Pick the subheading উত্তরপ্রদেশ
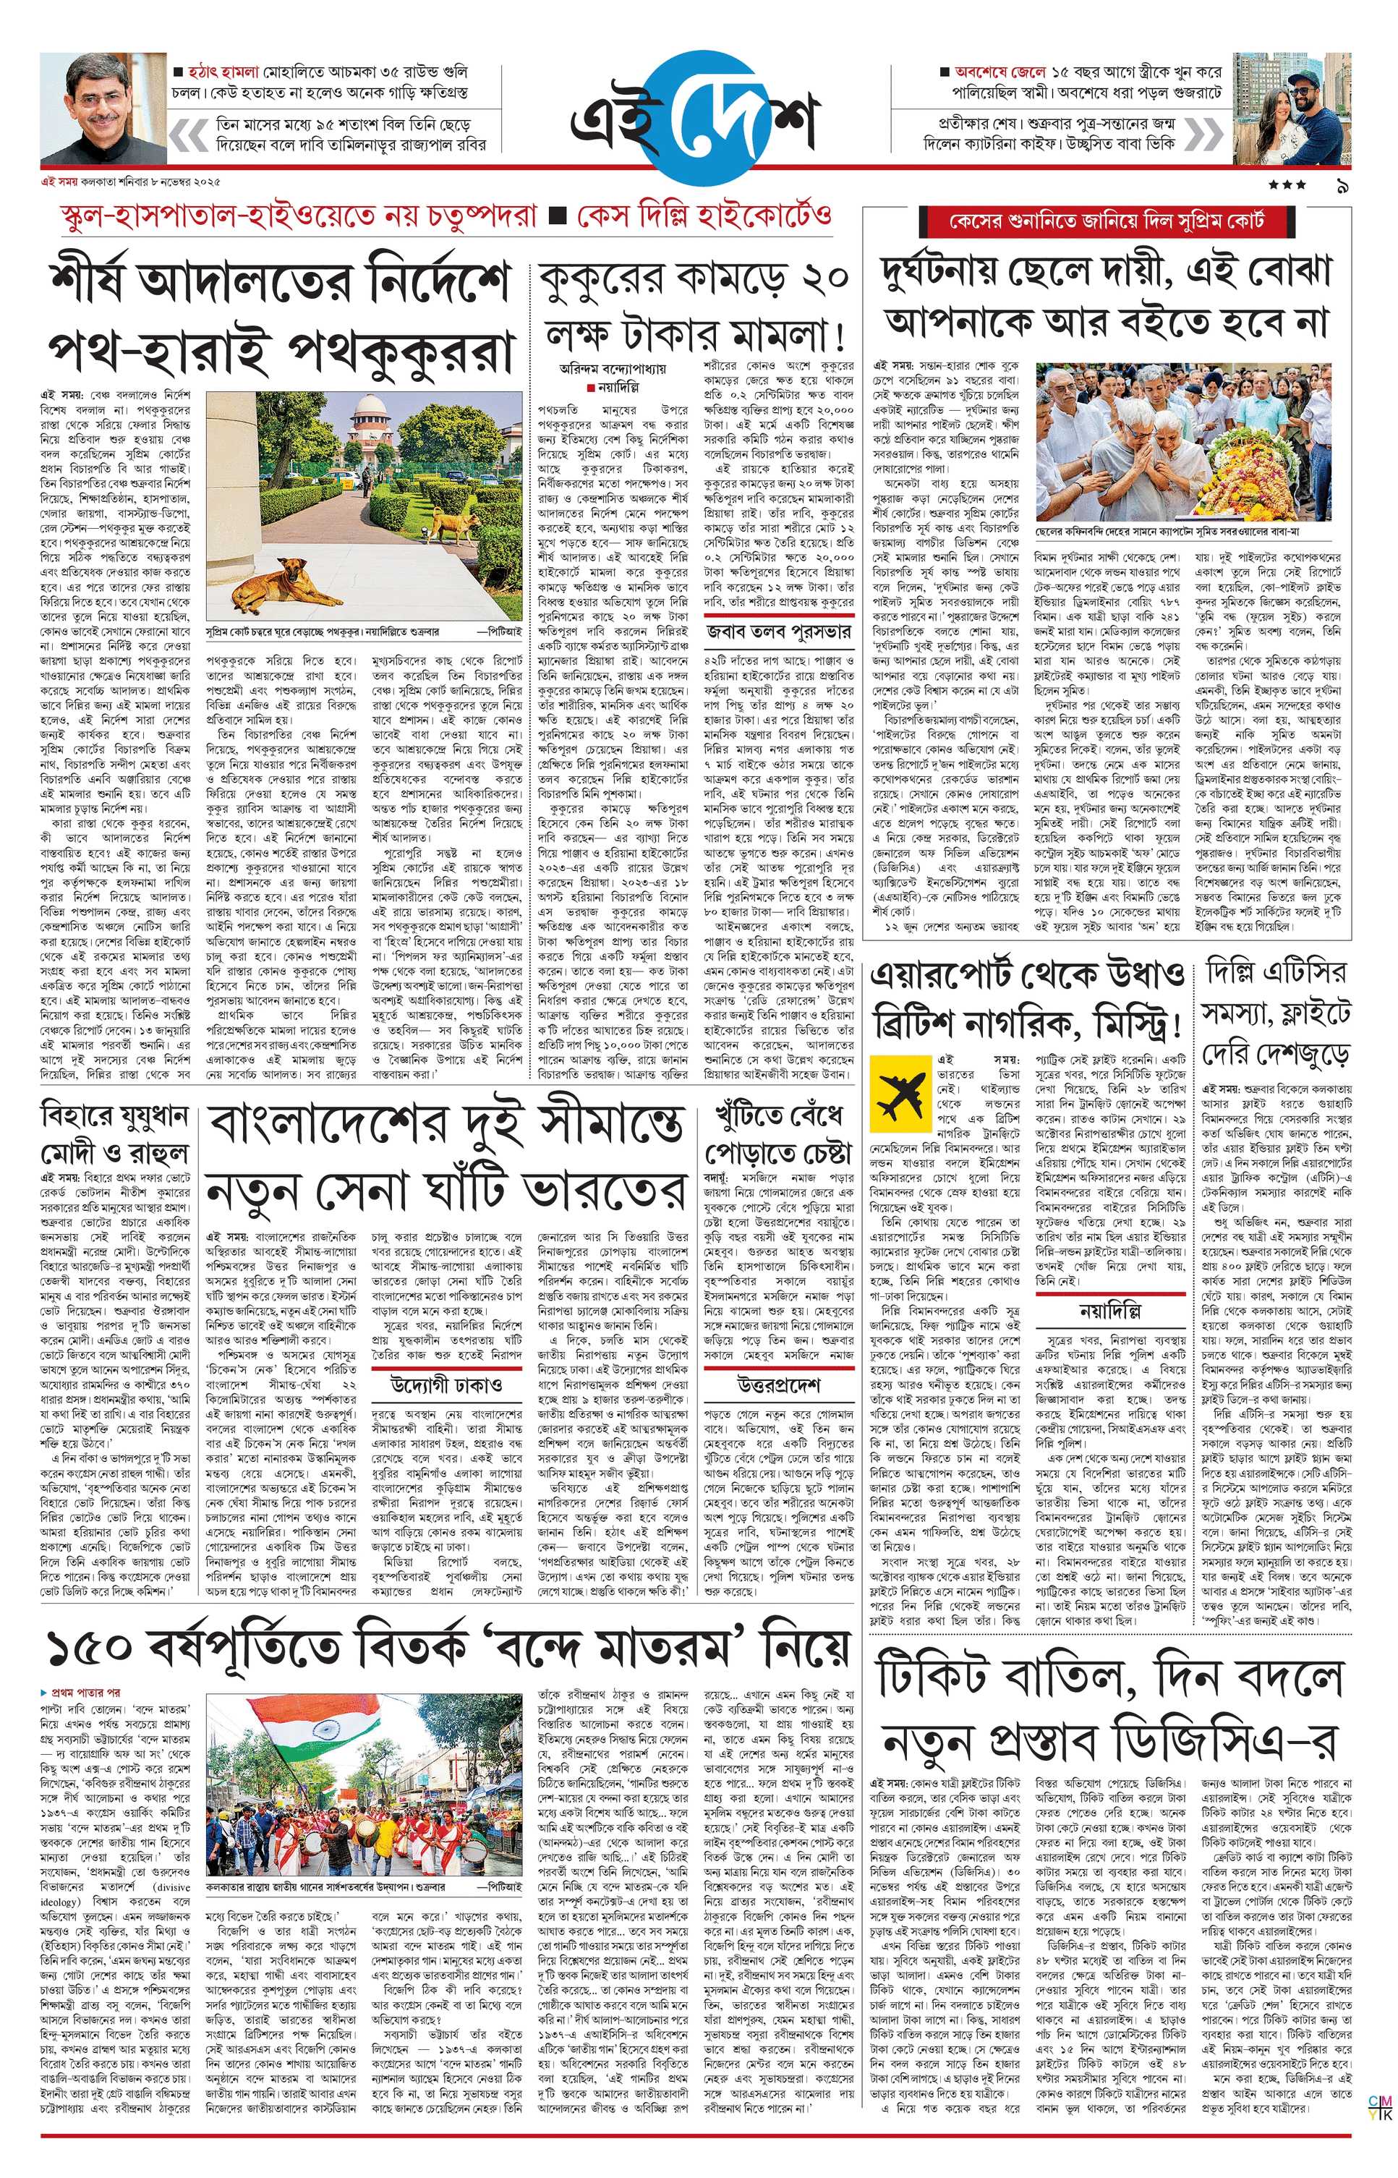pos(778,1385)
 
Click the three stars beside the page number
pos(1287,186)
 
